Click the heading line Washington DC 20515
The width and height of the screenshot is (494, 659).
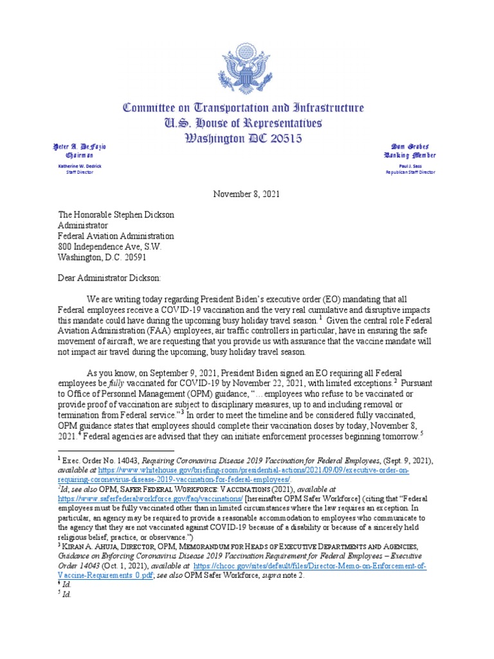pos(247,138)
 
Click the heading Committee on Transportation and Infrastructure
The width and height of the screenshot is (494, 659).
pos(247,108)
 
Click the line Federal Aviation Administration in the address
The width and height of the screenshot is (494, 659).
pos(124,236)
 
